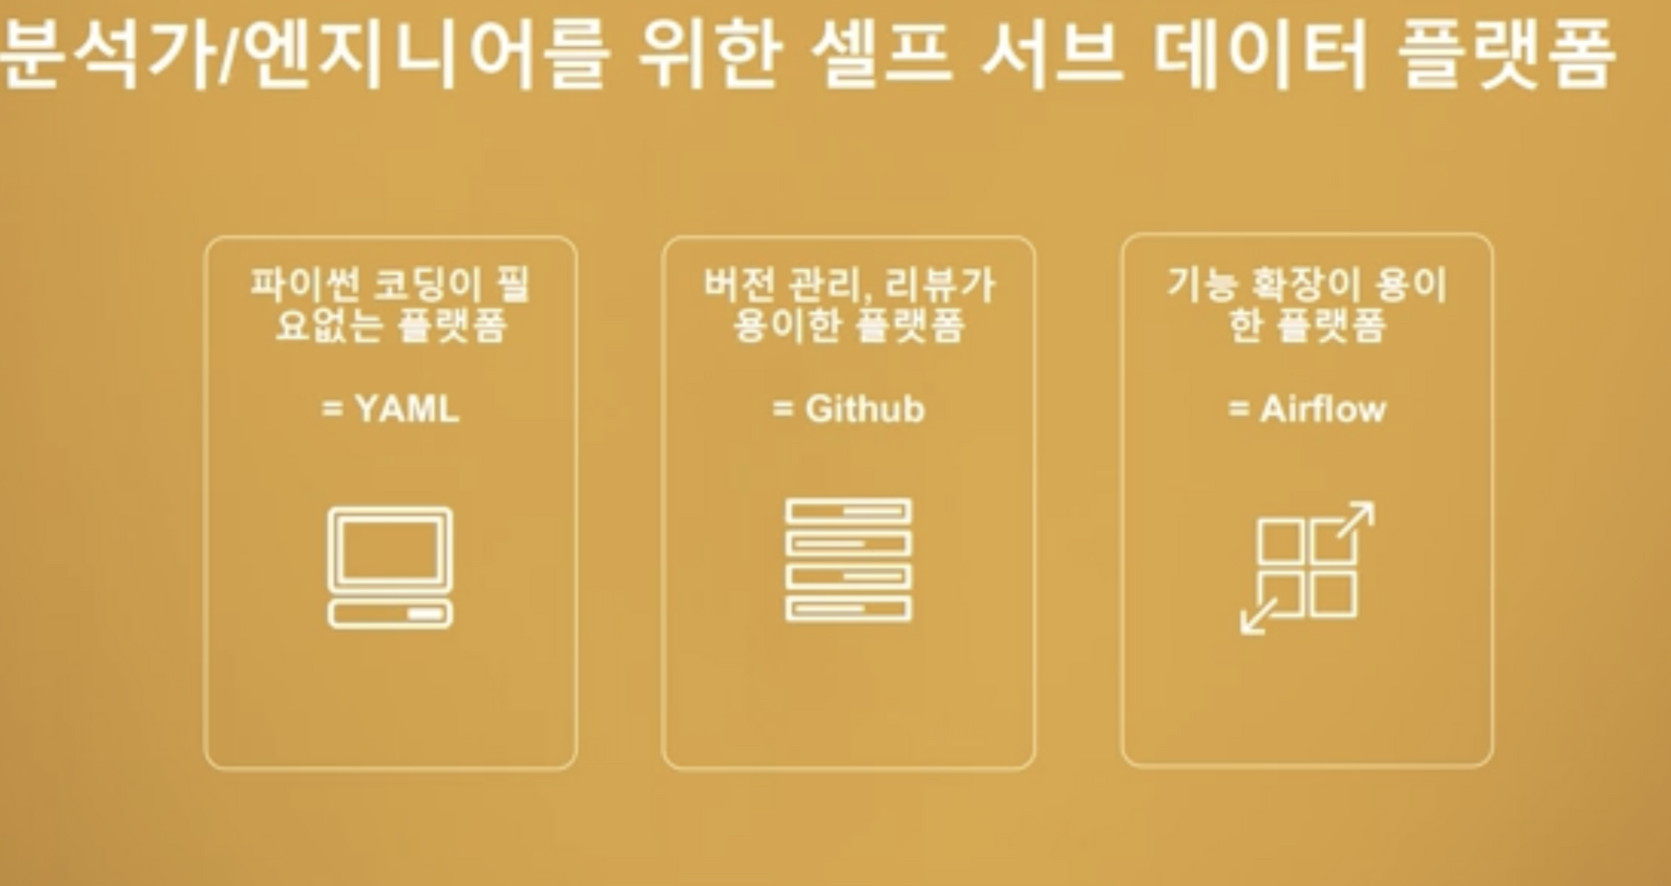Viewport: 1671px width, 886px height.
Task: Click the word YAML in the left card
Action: (407, 408)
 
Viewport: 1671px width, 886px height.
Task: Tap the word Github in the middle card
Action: (865, 409)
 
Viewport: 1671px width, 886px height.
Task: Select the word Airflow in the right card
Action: (1322, 409)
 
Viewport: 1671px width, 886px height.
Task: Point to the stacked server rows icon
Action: (848, 560)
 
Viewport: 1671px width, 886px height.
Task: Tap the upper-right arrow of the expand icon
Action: (1356, 519)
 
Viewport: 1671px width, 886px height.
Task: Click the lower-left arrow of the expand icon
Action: (1258, 617)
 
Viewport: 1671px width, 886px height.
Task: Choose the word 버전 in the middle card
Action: (738, 285)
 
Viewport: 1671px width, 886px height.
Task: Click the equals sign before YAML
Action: (333, 408)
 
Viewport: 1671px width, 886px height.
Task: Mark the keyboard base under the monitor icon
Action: (390, 615)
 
